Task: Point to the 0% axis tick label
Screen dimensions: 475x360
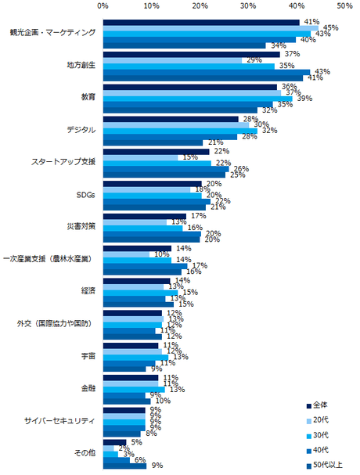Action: (103, 5)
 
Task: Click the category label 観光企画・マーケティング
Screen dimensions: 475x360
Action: (53, 33)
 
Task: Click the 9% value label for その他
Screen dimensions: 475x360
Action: (157, 466)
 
